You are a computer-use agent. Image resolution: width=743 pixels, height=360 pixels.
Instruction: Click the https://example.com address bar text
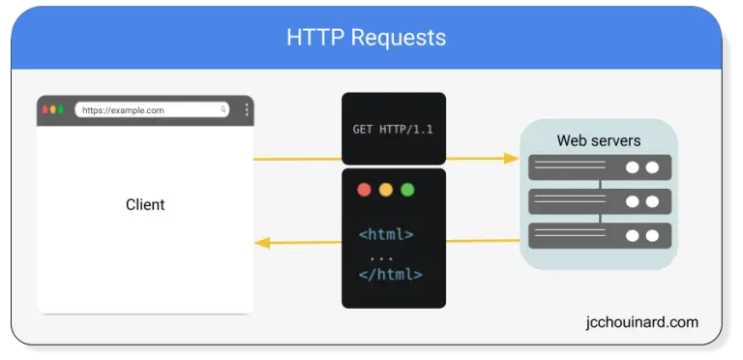click(x=123, y=110)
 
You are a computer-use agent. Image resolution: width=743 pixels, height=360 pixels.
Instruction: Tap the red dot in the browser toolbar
click(x=44, y=109)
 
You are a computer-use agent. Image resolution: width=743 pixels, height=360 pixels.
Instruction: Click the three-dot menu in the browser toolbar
click(x=246, y=110)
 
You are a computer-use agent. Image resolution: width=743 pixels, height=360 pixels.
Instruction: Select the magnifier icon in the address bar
click(x=223, y=110)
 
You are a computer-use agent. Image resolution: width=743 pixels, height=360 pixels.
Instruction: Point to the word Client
click(x=145, y=205)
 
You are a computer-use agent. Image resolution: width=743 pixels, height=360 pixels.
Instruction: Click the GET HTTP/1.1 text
click(x=393, y=129)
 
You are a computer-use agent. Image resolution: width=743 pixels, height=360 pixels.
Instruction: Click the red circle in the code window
click(x=364, y=190)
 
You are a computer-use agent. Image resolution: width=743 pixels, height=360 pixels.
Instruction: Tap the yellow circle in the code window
click(x=385, y=190)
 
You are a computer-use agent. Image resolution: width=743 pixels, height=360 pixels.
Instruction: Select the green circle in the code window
click(x=407, y=190)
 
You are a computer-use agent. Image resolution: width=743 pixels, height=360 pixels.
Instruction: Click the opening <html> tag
click(x=386, y=234)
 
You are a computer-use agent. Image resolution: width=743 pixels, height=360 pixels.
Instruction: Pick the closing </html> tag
click(x=390, y=274)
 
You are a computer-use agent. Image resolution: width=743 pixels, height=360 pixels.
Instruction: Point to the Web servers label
click(x=598, y=141)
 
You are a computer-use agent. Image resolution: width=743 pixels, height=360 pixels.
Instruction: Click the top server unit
click(x=599, y=167)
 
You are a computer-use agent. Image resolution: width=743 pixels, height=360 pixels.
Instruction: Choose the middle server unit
click(x=599, y=201)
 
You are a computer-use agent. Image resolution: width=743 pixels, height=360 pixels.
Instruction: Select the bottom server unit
click(x=599, y=235)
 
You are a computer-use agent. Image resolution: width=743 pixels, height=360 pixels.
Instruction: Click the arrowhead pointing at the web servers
click(x=511, y=158)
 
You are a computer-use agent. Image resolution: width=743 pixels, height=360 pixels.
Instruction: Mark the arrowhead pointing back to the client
click(x=262, y=243)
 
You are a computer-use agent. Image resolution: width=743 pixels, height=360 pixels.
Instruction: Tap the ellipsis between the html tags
click(x=381, y=255)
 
